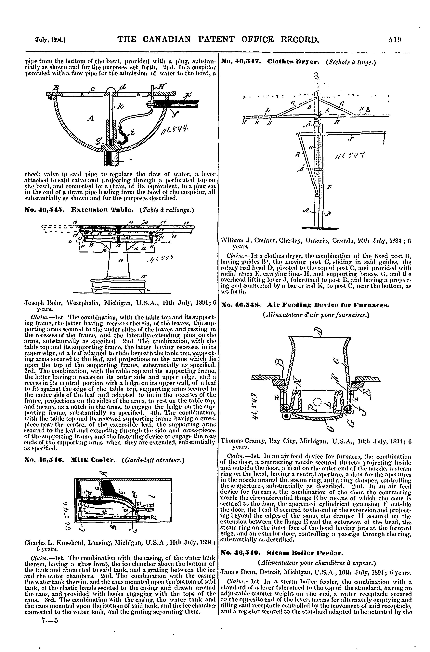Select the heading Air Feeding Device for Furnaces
[x=329, y=305]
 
